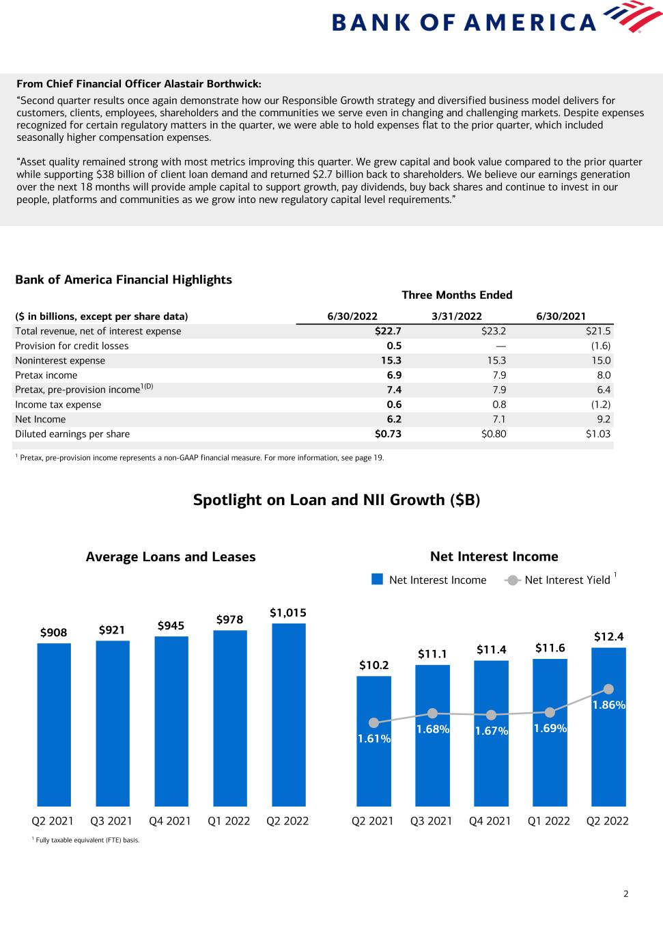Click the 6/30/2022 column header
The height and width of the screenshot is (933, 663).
[x=352, y=316]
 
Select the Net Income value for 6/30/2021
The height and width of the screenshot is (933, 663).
[x=601, y=420]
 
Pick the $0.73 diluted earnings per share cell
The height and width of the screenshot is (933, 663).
[x=388, y=434]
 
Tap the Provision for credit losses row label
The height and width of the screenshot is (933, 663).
[x=72, y=346]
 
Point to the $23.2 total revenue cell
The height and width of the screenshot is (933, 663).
[x=494, y=332]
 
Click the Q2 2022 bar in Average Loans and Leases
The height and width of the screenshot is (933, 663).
[x=288, y=714]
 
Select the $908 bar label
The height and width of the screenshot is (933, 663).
[x=54, y=633]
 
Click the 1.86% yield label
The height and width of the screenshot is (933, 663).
[x=608, y=705]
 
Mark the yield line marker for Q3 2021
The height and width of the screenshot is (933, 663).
[x=432, y=714]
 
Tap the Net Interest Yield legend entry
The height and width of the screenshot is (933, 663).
[x=567, y=580]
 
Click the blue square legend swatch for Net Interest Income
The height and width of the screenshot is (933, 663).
[x=377, y=580]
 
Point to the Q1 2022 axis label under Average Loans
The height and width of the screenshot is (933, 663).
[x=229, y=821]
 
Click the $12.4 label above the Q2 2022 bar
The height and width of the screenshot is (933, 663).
[x=608, y=637]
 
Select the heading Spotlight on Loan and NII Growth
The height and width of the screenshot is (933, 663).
[x=337, y=500]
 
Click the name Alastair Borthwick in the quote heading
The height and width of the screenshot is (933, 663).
[x=212, y=84]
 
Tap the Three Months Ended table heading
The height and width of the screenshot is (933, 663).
[x=457, y=295]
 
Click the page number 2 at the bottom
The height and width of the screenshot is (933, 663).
[x=625, y=894]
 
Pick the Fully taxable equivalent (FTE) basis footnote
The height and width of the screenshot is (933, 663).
[x=87, y=840]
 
